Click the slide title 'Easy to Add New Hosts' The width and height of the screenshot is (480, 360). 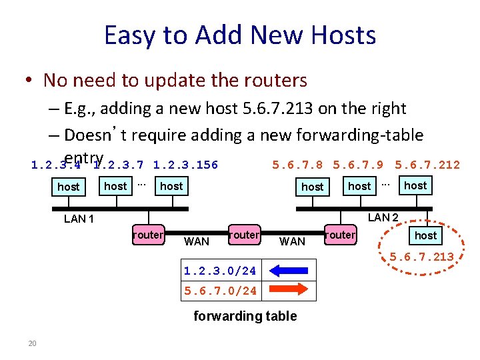point(240,35)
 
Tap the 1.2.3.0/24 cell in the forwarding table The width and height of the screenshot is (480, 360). point(220,271)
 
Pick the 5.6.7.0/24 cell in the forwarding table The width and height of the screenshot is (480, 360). point(220,291)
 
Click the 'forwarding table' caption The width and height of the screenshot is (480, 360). point(245,316)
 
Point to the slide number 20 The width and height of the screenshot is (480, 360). point(31,343)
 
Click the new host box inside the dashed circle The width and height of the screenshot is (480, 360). point(425,235)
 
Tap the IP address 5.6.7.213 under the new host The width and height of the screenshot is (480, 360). point(421,257)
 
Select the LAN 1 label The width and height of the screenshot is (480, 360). point(79,219)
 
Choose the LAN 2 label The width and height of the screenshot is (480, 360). point(383,217)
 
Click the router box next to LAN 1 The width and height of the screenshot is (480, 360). point(148,235)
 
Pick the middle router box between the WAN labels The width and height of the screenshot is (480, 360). point(243,235)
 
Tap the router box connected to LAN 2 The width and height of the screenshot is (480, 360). point(340,235)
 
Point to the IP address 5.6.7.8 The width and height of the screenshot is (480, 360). point(298,165)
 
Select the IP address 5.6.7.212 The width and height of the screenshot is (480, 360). point(427,165)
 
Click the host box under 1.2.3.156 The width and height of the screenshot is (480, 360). point(171,186)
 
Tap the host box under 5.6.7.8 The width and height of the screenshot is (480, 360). point(312,187)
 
